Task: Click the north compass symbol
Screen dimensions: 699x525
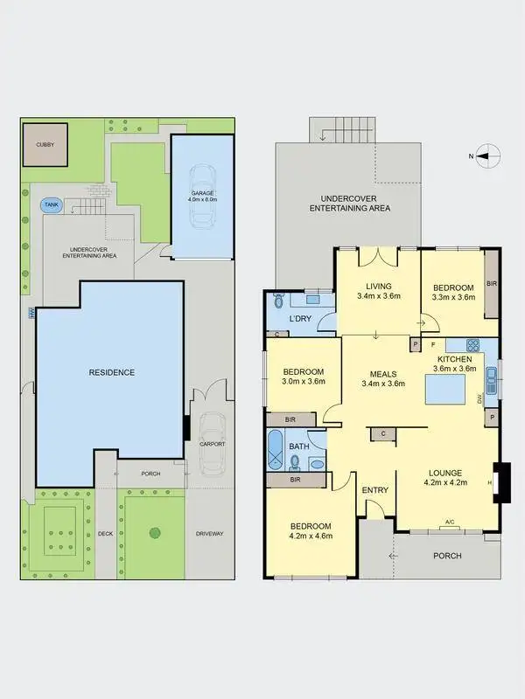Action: [x=489, y=156]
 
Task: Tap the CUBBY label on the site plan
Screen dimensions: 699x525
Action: [x=45, y=144]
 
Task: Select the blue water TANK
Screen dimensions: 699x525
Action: [x=51, y=206]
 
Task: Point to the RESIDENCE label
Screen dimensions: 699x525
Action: [x=112, y=372]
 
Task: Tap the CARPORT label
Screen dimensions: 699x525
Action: [x=213, y=444]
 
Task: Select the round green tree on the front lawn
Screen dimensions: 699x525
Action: [x=155, y=532]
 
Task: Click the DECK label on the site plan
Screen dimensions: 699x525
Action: [x=106, y=533]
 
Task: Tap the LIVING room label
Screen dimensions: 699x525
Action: [x=379, y=286]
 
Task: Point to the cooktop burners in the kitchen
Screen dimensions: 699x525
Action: [x=473, y=345]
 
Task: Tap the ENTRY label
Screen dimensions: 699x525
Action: [x=374, y=490]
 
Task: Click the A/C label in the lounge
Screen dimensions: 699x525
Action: [x=450, y=523]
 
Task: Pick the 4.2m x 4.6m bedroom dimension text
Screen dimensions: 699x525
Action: [x=311, y=536]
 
